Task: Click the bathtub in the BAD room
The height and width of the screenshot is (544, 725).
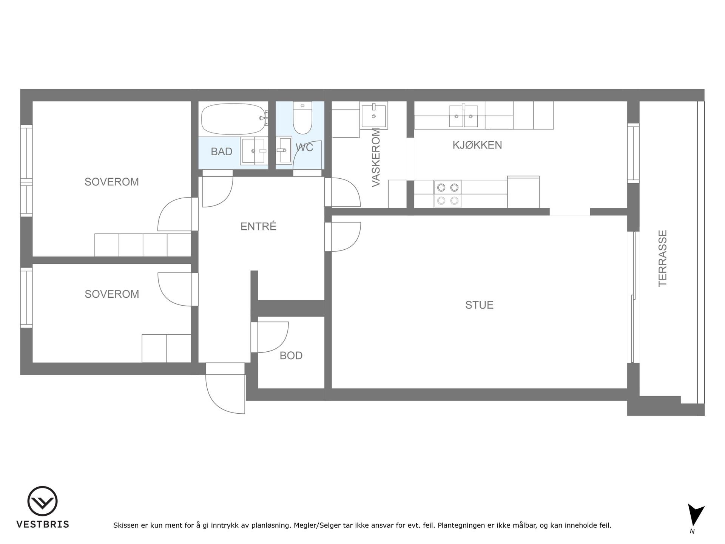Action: (233, 119)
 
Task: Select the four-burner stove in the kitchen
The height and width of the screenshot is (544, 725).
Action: (448, 194)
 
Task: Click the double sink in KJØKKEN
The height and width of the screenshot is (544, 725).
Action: (463, 116)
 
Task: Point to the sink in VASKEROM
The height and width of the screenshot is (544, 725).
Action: (374, 115)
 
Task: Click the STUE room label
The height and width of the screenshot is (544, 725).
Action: (479, 305)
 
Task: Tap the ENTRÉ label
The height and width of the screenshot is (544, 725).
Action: (258, 226)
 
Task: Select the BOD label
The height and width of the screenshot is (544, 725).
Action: (291, 355)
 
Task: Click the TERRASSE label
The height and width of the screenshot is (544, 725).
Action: (663, 258)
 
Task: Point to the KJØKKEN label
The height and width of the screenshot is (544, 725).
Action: (477, 145)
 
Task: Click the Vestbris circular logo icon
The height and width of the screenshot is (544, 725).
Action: (42, 501)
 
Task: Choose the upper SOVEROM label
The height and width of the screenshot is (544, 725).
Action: (112, 182)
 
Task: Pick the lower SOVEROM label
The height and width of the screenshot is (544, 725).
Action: (112, 294)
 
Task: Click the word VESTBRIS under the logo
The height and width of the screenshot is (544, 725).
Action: (43, 524)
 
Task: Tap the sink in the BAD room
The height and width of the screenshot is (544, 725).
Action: (254, 151)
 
